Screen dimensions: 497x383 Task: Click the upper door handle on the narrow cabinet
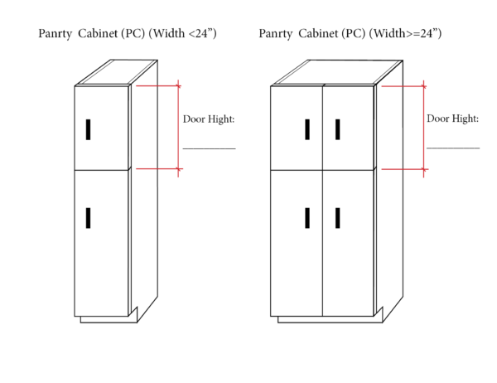pyautogui.click(x=88, y=129)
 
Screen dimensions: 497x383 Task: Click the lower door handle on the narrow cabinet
pyautogui.click(x=88, y=218)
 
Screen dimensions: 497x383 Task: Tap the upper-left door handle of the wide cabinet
pyautogui.click(x=307, y=129)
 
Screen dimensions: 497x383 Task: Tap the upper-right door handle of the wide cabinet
pyautogui.click(x=338, y=129)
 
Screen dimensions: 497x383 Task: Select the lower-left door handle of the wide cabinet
pyautogui.click(x=307, y=218)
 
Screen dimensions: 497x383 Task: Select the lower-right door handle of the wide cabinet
pyautogui.click(x=338, y=218)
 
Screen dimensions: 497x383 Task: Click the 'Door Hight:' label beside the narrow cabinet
pyautogui.click(x=209, y=119)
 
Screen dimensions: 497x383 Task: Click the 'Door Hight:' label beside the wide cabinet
pyautogui.click(x=452, y=119)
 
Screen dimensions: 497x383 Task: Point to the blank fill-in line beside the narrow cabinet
pyautogui.click(x=210, y=148)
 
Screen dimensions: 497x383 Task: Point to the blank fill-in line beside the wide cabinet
pyautogui.click(x=453, y=148)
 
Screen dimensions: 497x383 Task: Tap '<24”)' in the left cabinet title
pyautogui.click(x=203, y=33)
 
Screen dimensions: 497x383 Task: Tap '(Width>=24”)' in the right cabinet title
pyautogui.click(x=405, y=33)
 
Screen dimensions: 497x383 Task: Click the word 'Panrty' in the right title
pyautogui.click(x=275, y=34)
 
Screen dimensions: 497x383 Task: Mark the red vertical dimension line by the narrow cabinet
pyautogui.click(x=178, y=128)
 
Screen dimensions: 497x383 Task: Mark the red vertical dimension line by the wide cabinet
pyautogui.click(x=424, y=128)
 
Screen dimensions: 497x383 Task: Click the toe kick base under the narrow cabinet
pyautogui.click(x=109, y=319)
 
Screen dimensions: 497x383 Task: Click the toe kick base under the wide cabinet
pyautogui.click(x=331, y=319)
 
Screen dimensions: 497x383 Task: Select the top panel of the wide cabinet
pyautogui.click(x=336, y=73)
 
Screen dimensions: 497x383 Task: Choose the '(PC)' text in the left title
pyautogui.click(x=133, y=33)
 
